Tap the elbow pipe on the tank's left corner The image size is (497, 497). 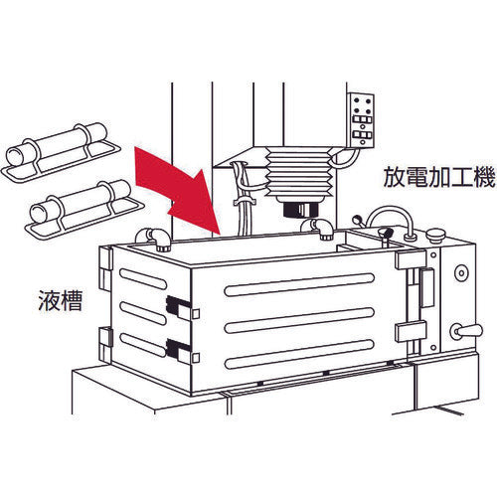click(156, 237)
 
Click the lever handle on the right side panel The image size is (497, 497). click(466, 330)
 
